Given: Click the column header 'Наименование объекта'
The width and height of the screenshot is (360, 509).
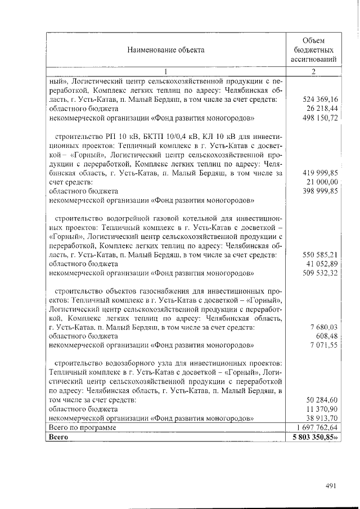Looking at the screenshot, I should click(x=165, y=49).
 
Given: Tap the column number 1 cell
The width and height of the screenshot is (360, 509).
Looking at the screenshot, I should click(x=165, y=71).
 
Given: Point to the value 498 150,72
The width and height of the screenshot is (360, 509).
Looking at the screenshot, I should click(x=318, y=118).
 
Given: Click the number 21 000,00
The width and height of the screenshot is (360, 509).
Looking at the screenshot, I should click(x=322, y=182).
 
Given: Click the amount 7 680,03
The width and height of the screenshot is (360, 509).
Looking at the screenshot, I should click(x=323, y=327).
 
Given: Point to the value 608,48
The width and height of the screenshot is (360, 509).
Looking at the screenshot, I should click(x=326, y=336).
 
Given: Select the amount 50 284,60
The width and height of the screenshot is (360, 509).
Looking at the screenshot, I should click(x=322, y=400).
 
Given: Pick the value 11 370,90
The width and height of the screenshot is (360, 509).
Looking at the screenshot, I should click(x=322, y=409).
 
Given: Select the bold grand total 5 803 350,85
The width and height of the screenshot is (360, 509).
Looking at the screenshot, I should click(x=314, y=437).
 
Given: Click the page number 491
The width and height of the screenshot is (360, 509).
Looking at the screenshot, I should click(x=331, y=487).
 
